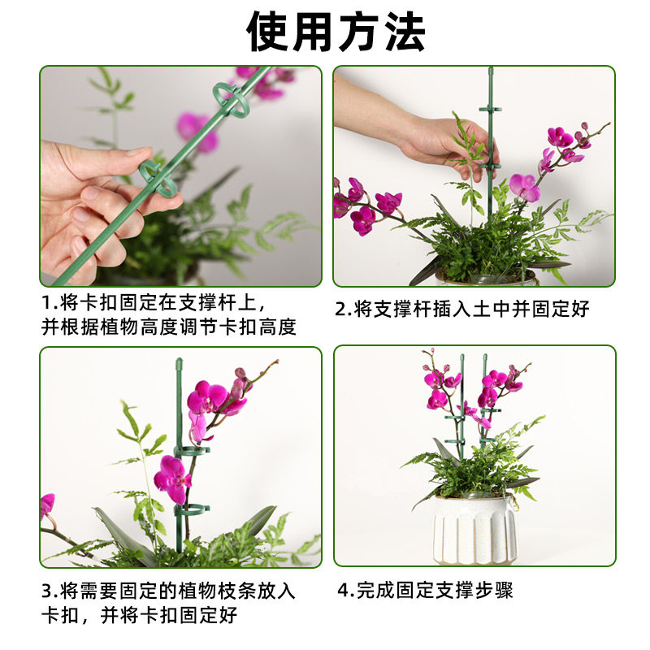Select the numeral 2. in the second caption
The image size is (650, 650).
342,309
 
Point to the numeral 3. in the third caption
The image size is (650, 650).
49,591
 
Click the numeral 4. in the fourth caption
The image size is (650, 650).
344,590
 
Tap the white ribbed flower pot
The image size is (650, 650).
474,529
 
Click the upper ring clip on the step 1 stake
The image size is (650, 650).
228,96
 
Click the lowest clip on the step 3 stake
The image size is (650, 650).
193,513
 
